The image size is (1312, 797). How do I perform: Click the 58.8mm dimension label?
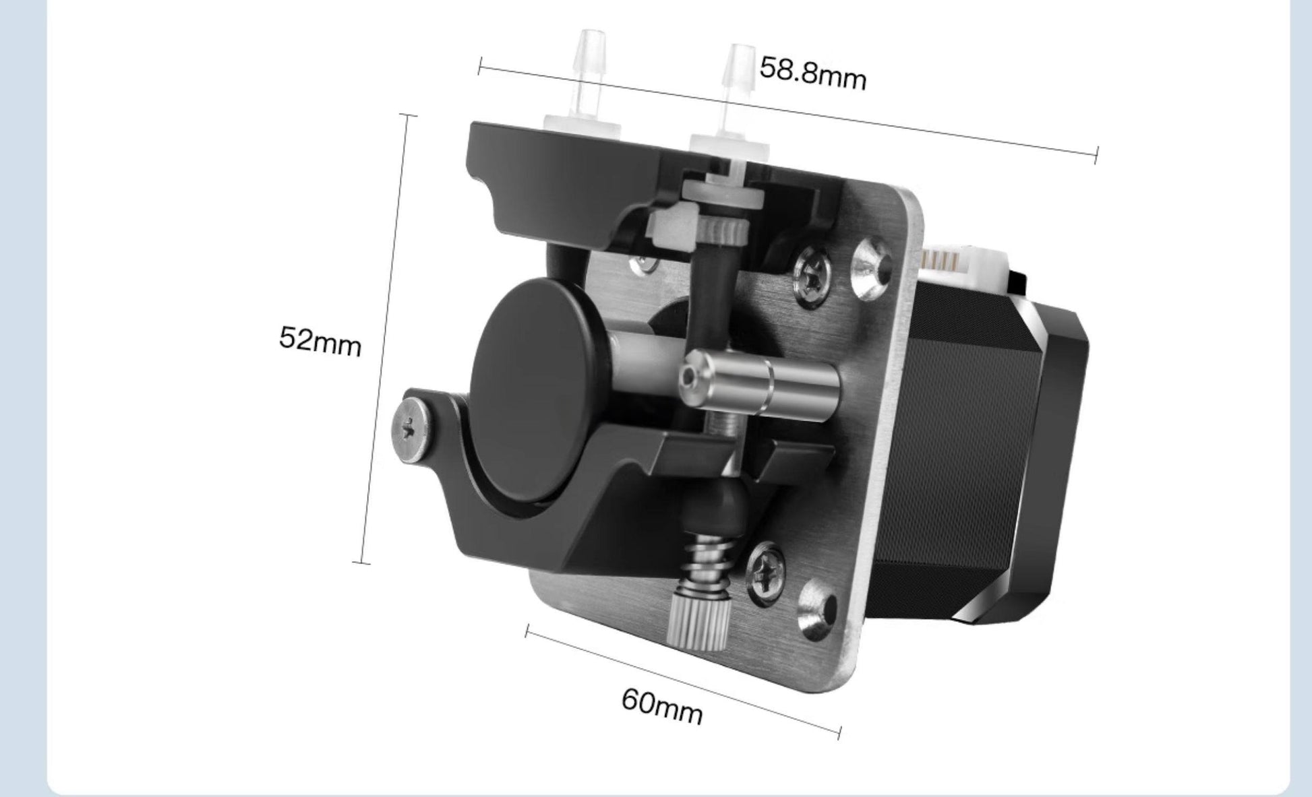coord(812,73)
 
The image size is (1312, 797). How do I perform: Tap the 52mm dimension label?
coord(320,340)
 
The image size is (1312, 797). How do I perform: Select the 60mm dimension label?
coord(661,705)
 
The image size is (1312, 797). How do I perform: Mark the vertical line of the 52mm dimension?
coord(384,337)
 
